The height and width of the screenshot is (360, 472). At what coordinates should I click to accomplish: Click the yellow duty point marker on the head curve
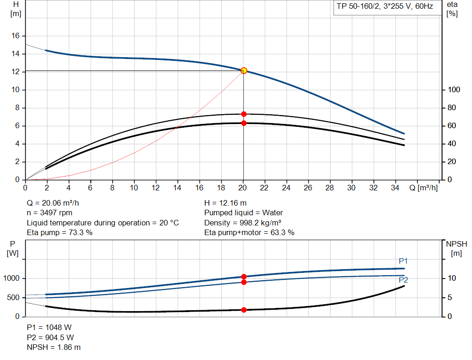(244, 71)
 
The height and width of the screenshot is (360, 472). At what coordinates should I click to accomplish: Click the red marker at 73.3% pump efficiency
(244, 114)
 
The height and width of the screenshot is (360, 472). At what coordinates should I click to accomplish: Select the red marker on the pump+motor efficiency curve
(244, 123)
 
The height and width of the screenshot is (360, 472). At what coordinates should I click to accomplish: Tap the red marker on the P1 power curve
(244, 277)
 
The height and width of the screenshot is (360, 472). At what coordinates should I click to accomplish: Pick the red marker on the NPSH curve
(244, 310)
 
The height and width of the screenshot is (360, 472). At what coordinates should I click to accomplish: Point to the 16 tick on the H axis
(15, 36)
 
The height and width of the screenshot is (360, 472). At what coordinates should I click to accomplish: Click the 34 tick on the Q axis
(395, 188)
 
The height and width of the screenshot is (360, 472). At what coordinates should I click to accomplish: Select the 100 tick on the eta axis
(454, 90)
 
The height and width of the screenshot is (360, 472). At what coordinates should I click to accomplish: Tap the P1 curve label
(403, 261)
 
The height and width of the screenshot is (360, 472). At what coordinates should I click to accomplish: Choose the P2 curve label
(403, 280)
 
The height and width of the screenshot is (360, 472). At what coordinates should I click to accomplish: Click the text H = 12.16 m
(224, 203)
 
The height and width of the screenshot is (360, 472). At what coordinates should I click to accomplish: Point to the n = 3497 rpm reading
(49, 213)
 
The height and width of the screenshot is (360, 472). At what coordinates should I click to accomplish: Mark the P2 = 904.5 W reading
(49, 337)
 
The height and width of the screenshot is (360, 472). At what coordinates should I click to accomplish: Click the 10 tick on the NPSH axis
(452, 278)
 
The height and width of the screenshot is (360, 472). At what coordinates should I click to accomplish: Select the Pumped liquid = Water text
(243, 213)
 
